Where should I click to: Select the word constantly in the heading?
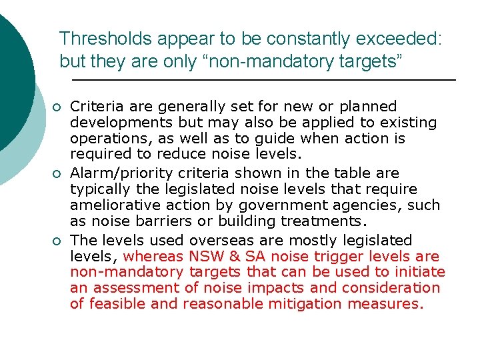[297, 39]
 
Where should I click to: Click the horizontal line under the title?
[263, 80]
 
